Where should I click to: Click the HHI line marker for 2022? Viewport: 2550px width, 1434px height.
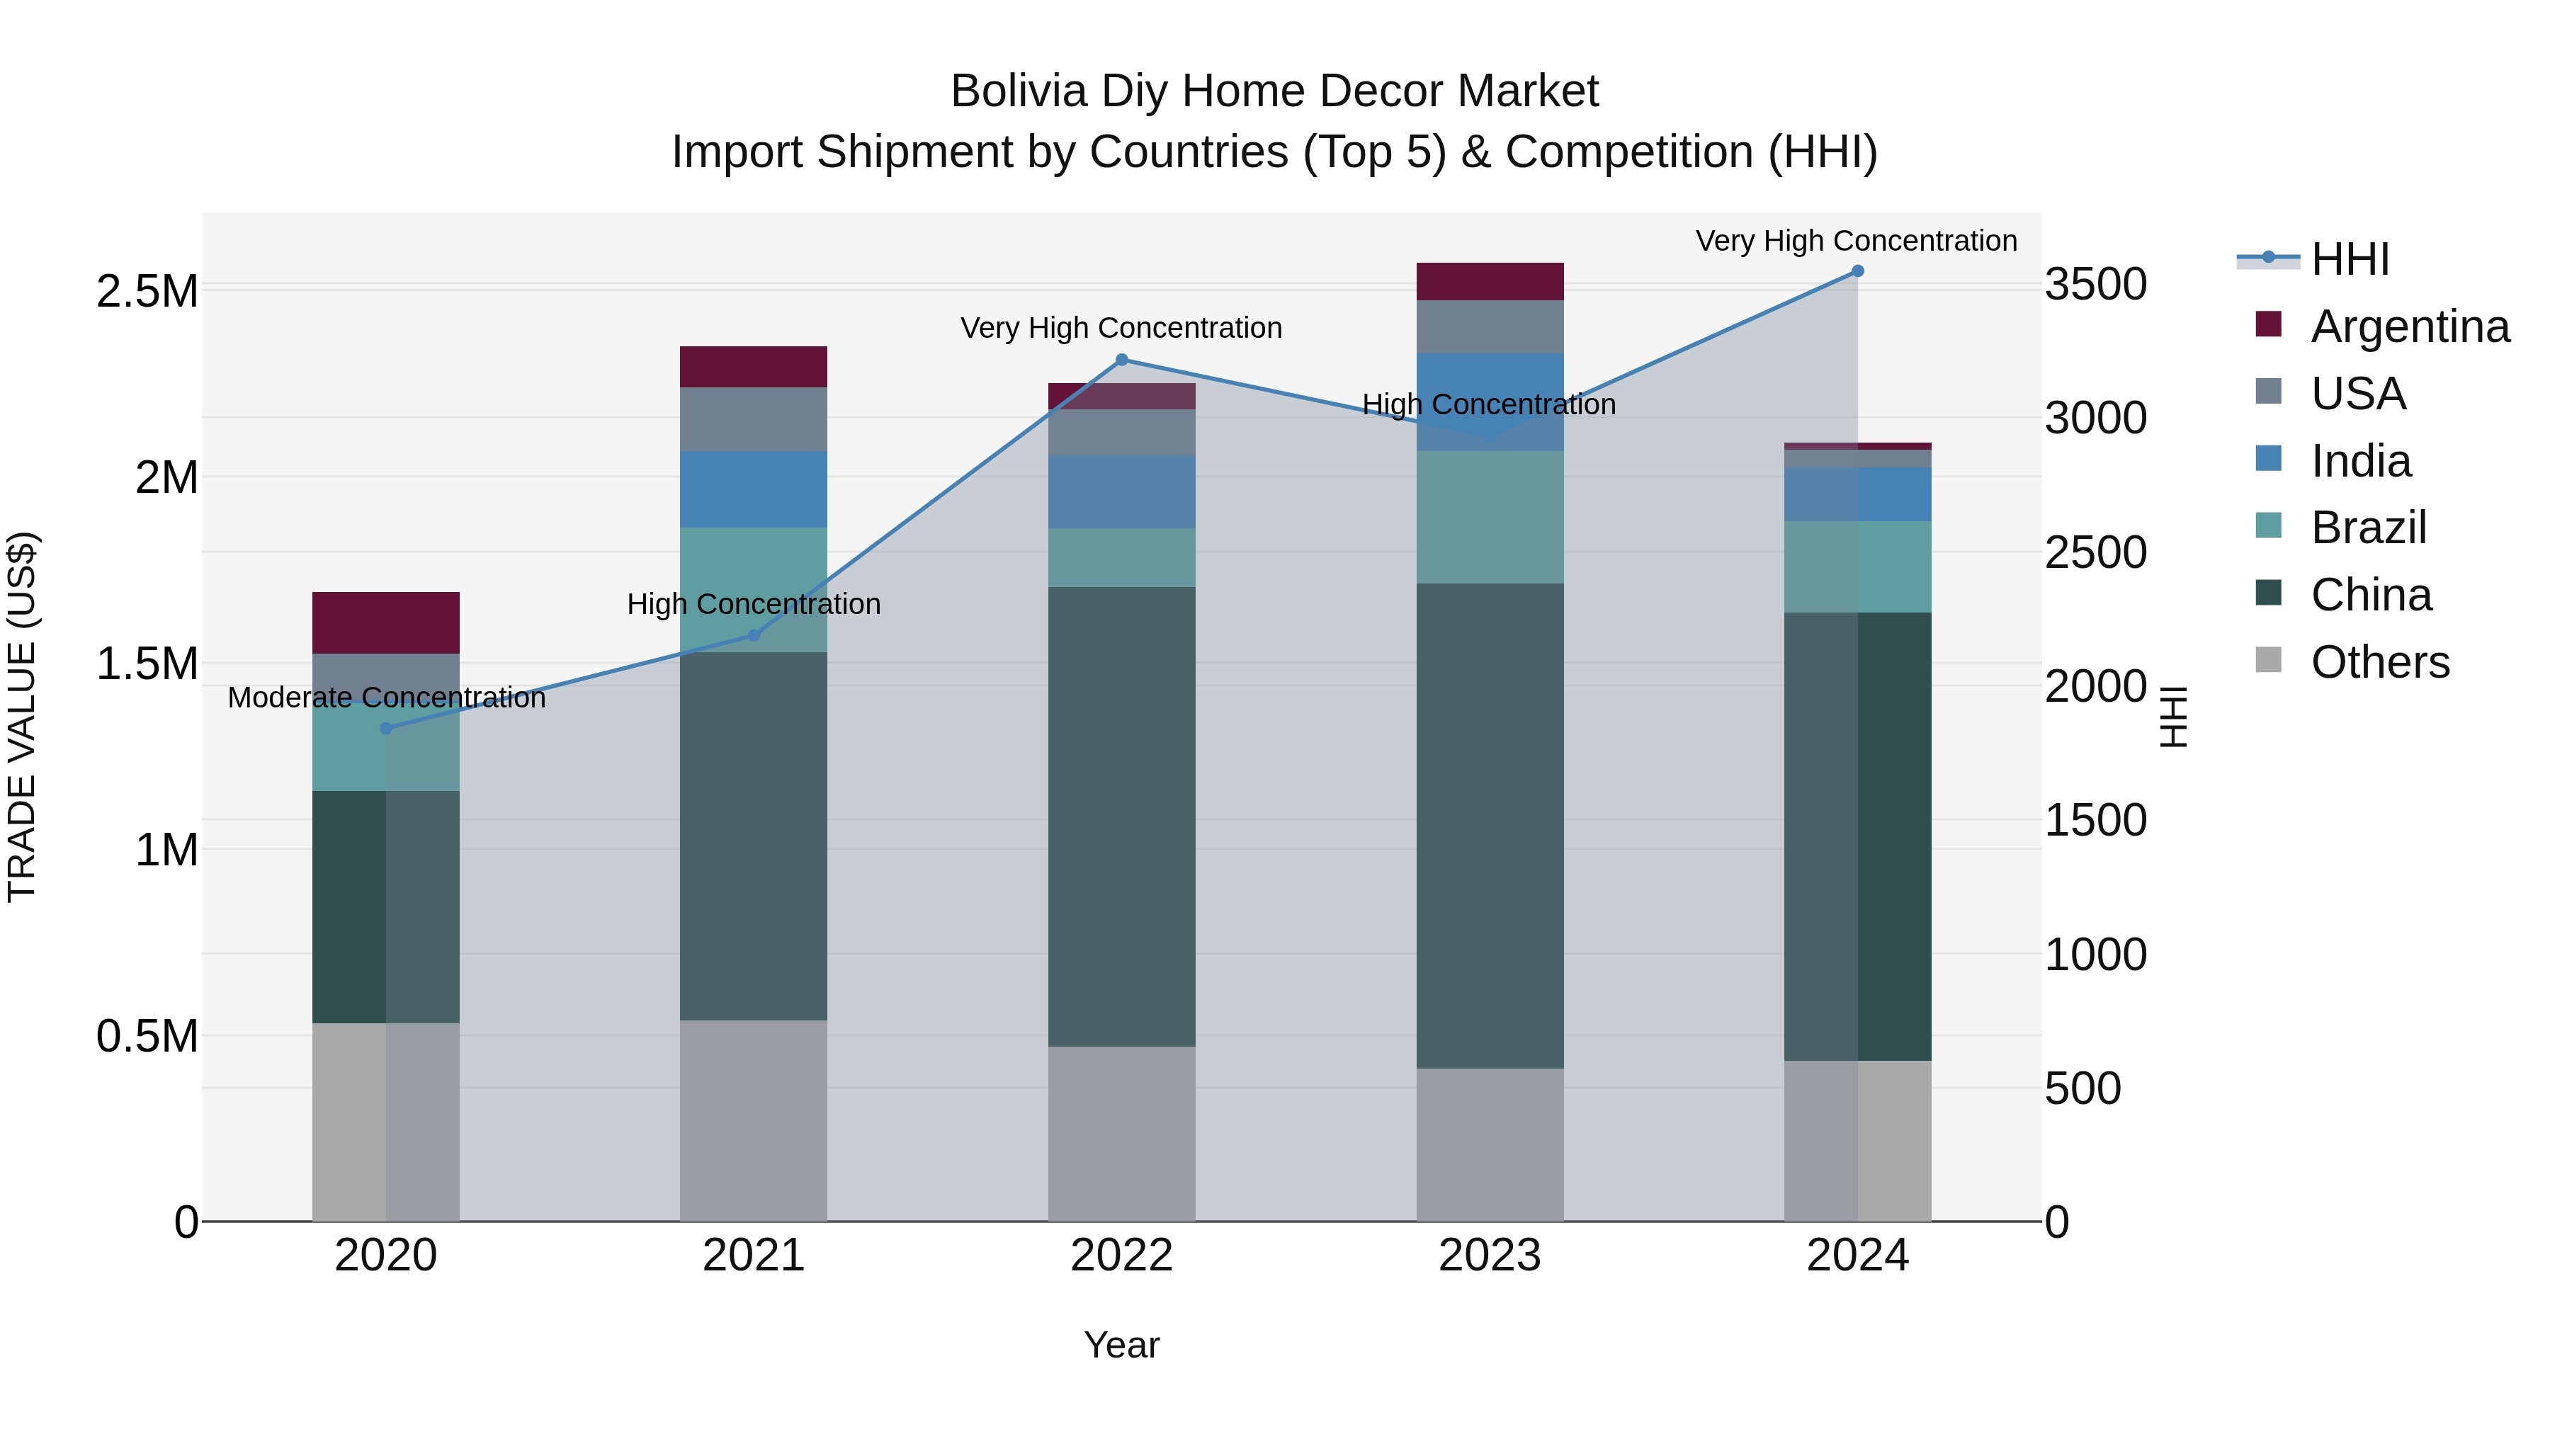pyautogui.click(x=1121, y=360)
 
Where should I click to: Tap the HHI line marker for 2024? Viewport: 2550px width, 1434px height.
pyautogui.click(x=1857, y=271)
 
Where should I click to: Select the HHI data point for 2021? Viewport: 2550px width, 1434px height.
pyautogui.click(x=754, y=635)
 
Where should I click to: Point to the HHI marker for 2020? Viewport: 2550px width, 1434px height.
pyautogui.click(x=386, y=729)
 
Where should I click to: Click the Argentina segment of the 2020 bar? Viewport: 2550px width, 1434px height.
pyautogui.click(x=386, y=622)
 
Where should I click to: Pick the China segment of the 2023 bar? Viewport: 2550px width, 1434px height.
pyautogui.click(x=1490, y=826)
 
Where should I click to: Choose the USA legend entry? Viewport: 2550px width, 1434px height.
pyautogui.click(x=2358, y=394)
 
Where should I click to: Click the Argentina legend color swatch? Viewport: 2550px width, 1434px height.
pyautogui.click(x=2268, y=324)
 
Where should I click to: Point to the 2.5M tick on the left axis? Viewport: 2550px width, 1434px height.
pyautogui.click(x=147, y=292)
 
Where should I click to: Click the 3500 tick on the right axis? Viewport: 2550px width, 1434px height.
pyautogui.click(x=2096, y=285)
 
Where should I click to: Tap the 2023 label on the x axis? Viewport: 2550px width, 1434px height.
pyautogui.click(x=1490, y=1256)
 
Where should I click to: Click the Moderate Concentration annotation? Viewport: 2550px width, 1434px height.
pyautogui.click(x=386, y=698)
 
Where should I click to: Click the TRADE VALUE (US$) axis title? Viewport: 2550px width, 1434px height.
pyautogui.click(x=22, y=717)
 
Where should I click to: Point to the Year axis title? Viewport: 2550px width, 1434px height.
pyautogui.click(x=1121, y=1345)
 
